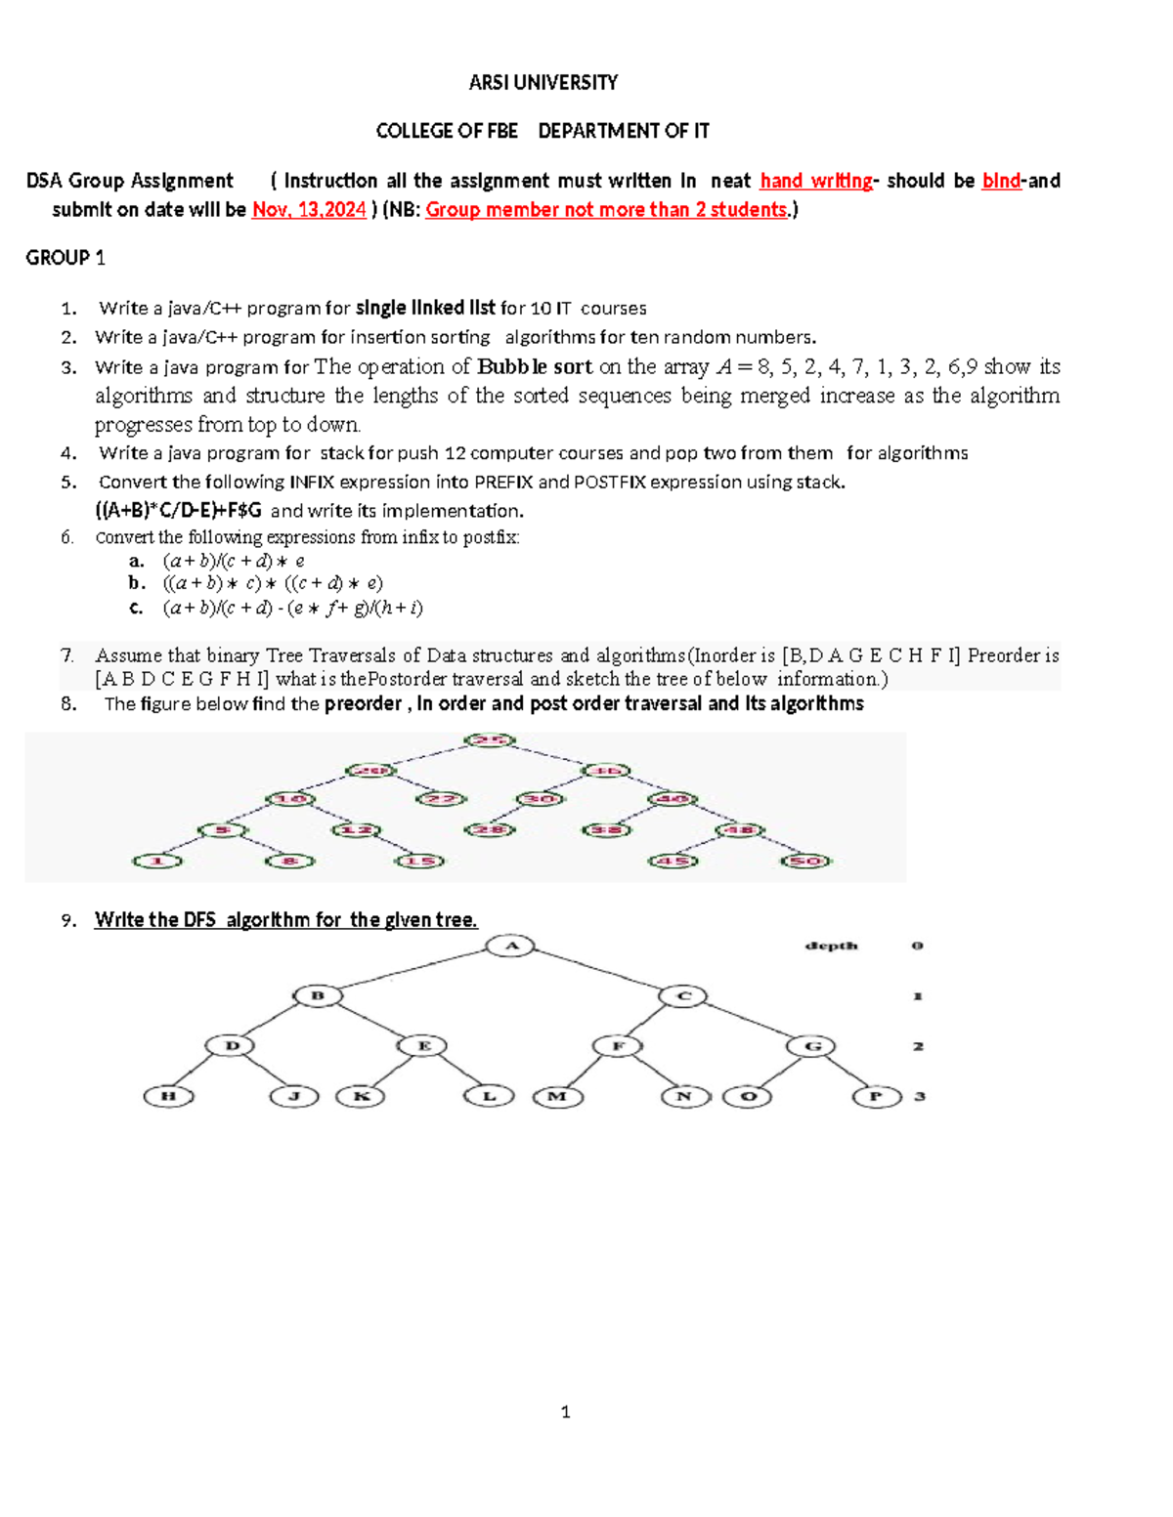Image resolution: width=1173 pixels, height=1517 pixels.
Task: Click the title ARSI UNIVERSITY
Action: tap(543, 82)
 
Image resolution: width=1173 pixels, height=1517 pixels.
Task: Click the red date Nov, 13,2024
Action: tap(309, 209)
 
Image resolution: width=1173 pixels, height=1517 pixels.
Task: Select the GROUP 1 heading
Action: tap(65, 258)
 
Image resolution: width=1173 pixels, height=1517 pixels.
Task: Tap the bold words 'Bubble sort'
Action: tap(535, 366)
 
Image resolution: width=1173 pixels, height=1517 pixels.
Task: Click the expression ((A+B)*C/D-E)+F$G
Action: tap(178, 510)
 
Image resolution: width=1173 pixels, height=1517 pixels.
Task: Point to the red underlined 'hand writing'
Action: tap(816, 181)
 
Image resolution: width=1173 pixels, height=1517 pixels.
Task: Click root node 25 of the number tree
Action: tap(489, 740)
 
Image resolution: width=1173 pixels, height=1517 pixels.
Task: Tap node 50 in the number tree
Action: tap(806, 862)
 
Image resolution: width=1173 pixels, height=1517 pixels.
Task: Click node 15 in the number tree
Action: tap(419, 862)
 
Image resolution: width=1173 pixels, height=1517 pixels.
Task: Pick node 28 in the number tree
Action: tap(489, 830)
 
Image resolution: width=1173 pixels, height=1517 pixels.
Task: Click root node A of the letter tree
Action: tap(511, 946)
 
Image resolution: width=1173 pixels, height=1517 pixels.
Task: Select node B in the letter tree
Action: tap(318, 996)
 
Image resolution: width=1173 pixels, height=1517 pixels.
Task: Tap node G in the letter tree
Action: tap(811, 1046)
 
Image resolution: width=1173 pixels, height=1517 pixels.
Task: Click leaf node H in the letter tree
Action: tap(168, 1096)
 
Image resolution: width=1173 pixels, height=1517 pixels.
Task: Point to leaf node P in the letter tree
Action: tap(876, 1096)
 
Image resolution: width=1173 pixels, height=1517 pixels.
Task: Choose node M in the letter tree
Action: tap(557, 1096)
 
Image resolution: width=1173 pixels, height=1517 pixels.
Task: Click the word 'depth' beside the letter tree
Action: tap(831, 946)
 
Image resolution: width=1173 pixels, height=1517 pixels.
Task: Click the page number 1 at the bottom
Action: tap(565, 1412)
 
